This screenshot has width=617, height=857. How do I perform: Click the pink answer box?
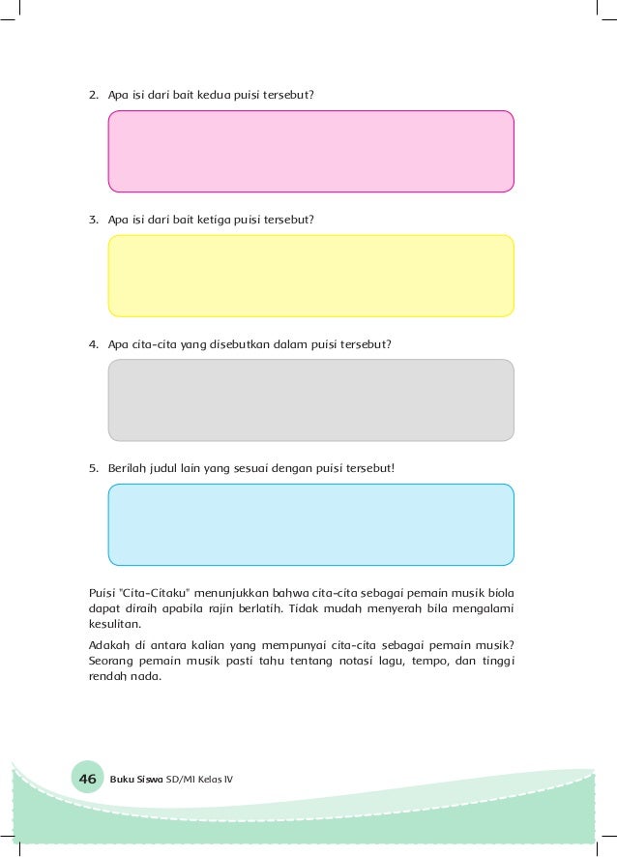point(310,152)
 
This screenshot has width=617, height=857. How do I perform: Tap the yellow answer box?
point(310,276)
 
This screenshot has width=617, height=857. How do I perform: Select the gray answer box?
point(310,400)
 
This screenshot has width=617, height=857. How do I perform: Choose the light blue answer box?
point(310,524)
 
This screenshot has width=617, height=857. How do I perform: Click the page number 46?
point(87,779)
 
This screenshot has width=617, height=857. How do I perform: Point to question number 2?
point(93,95)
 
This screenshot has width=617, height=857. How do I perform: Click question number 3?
point(93,220)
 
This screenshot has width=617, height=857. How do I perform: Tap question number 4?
point(93,343)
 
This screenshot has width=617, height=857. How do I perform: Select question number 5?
point(93,468)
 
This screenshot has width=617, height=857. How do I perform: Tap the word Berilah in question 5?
point(127,468)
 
